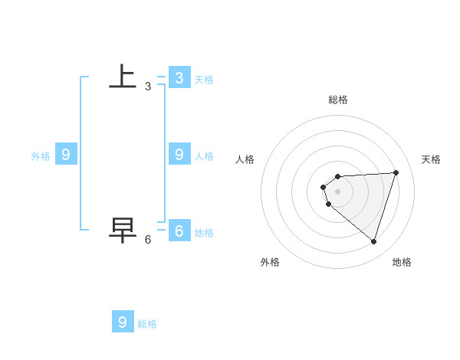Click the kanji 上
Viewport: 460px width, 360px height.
tap(123, 77)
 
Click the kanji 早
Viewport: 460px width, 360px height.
tap(123, 229)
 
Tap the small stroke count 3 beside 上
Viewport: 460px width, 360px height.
tap(148, 87)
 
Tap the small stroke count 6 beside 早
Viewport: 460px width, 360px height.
tap(148, 239)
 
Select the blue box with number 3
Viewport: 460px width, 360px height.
tap(179, 77)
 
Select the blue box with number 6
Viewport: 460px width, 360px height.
tap(179, 230)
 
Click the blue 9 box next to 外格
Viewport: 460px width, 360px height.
tap(66, 155)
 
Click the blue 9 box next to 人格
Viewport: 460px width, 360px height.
tap(179, 155)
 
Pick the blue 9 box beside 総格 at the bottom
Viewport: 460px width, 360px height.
tap(123, 322)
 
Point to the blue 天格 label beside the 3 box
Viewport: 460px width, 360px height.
tap(204, 79)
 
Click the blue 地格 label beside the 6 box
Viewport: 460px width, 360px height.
tap(204, 233)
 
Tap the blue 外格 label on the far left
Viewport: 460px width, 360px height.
tap(41, 156)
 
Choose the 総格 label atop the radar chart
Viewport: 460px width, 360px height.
tap(338, 100)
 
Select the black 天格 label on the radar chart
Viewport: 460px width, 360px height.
tap(431, 159)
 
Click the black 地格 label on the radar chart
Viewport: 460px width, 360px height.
tap(402, 262)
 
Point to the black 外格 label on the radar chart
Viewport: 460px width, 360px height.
tap(270, 262)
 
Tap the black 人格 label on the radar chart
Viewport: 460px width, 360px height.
tap(245, 159)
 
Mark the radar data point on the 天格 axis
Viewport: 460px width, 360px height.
tap(396, 172)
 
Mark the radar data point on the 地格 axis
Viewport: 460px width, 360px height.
tap(373, 241)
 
